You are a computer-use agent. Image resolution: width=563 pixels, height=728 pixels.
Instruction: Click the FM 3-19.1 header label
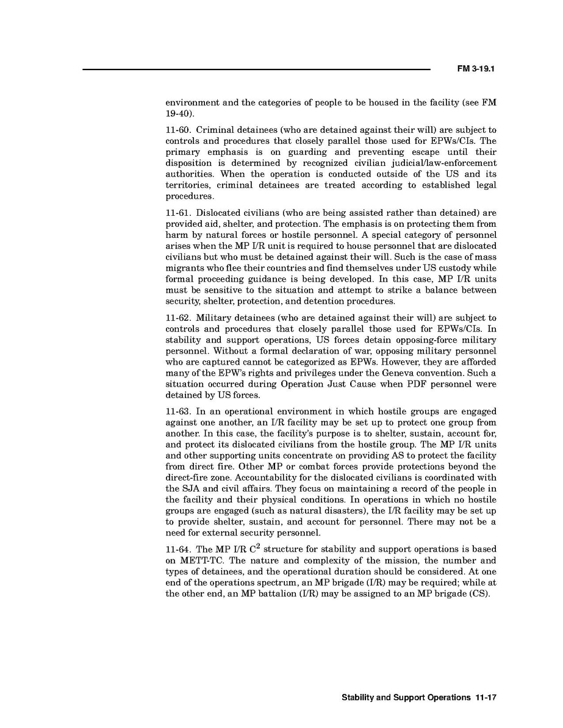pyautogui.click(x=475, y=70)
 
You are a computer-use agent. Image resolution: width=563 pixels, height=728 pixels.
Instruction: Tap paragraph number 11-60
pyautogui.click(x=178, y=130)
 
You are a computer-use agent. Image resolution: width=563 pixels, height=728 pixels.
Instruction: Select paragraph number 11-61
pyautogui.click(x=178, y=213)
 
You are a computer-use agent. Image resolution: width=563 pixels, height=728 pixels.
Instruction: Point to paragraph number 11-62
pyautogui.click(x=178, y=318)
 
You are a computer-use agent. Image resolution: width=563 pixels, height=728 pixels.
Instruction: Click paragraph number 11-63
pyautogui.click(x=178, y=411)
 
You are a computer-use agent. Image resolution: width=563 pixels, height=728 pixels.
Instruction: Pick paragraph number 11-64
pyautogui.click(x=178, y=549)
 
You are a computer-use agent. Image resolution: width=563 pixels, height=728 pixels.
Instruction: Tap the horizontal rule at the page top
pyautogui.click(x=256, y=70)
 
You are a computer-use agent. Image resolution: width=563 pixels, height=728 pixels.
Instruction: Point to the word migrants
pyautogui.click(x=184, y=268)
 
